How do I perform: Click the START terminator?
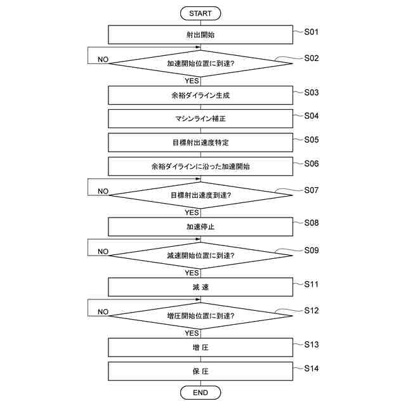pyautogui.click(x=200, y=13)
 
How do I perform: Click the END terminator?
pyautogui.click(x=200, y=393)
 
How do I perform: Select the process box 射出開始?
pyautogui.click(x=200, y=34)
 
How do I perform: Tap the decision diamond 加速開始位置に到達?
pyautogui.click(x=200, y=63)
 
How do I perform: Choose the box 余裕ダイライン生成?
pyautogui.click(x=200, y=95)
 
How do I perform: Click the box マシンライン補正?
pyautogui.click(x=200, y=119)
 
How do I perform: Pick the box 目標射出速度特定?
pyautogui.click(x=200, y=142)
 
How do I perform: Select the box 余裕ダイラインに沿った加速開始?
pyautogui.click(x=200, y=166)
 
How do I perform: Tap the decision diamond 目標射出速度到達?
pyautogui.click(x=200, y=195)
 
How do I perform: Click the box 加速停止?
pyautogui.click(x=200, y=226)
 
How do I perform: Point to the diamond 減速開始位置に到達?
pyautogui.click(x=200, y=256)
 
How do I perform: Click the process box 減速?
pyautogui.click(x=200, y=287)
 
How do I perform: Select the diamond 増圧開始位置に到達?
pyautogui.click(x=200, y=316)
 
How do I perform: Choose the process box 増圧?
pyautogui.click(x=200, y=347)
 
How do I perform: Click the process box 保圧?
pyautogui.click(x=200, y=371)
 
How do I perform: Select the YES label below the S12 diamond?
pyautogui.click(x=192, y=332)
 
